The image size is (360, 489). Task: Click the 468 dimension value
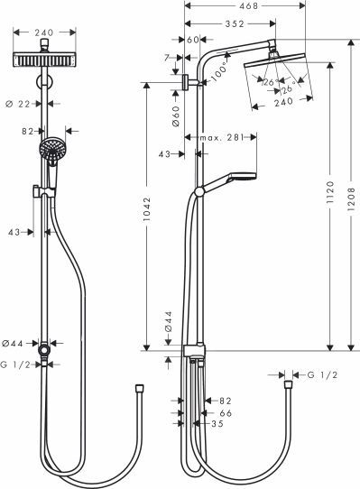[237, 6]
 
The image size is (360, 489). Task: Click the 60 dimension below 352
[193, 40]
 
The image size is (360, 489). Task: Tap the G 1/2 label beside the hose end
[323, 374]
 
